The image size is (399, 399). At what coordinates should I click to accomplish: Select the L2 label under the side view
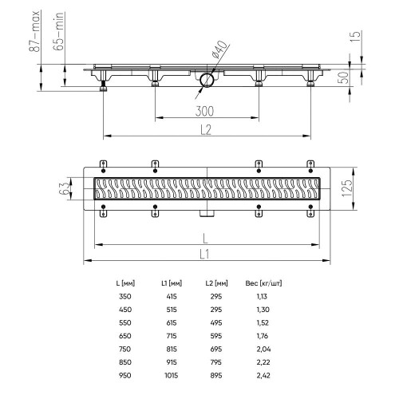click(x=206, y=129)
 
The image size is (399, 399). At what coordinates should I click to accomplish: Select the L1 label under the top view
click(x=204, y=255)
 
